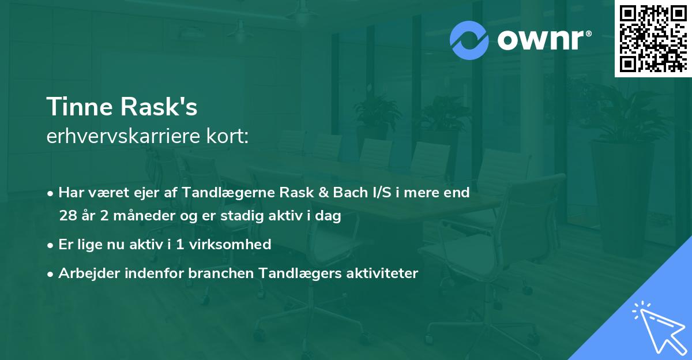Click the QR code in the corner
tap(652, 39)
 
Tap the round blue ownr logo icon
tap(469, 40)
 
